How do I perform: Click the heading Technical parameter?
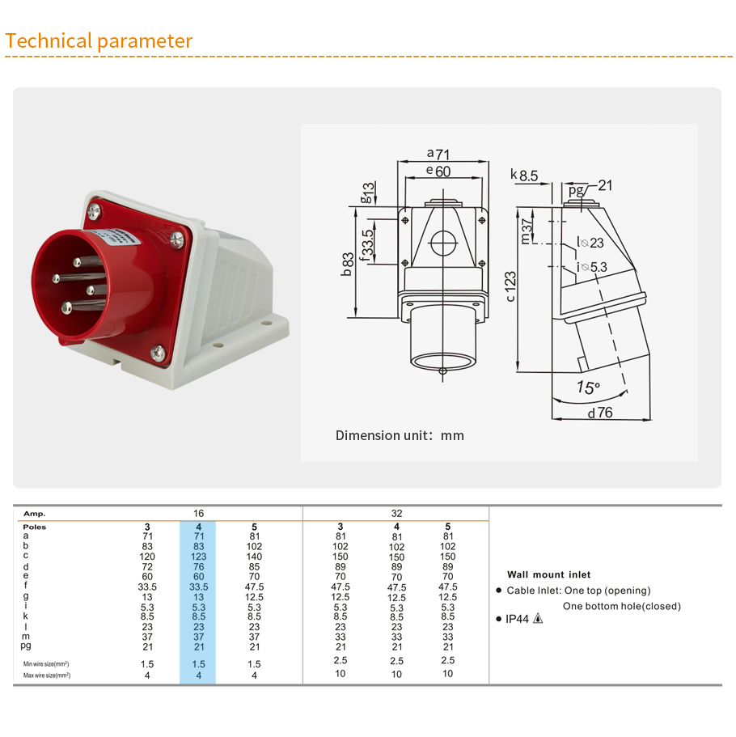pyautogui.click(x=99, y=41)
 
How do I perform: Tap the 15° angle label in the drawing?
pyautogui.click(x=588, y=388)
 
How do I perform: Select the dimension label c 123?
pyautogui.click(x=510, y=286)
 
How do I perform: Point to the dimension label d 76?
pyautogui.click(x=600, y=413)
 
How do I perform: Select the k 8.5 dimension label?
pyautogui.click(x=524, y=175)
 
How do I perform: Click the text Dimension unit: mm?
pyautogui.click(x=400, y=435)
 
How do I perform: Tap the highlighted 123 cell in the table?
pyautogui.click(x=198, y=556)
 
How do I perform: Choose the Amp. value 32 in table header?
pyautogui.click(x=396, y=513)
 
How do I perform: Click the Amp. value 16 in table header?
pyautogui.click(x=198, y=513)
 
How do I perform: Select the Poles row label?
pyautogui.click(x=34, y=527)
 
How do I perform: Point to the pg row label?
pyautogui.click(x=27, y=646)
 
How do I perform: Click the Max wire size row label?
pyautogui.click(x=46, y=675)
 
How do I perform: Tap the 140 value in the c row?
pyautogui.click(x=255, y=556)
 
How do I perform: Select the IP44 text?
pyautogui.click(x=518, y=619)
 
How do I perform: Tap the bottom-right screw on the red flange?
pyautogui.click(x=157, y=352)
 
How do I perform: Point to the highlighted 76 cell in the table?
pyautogui.click(x=198, y=566)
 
